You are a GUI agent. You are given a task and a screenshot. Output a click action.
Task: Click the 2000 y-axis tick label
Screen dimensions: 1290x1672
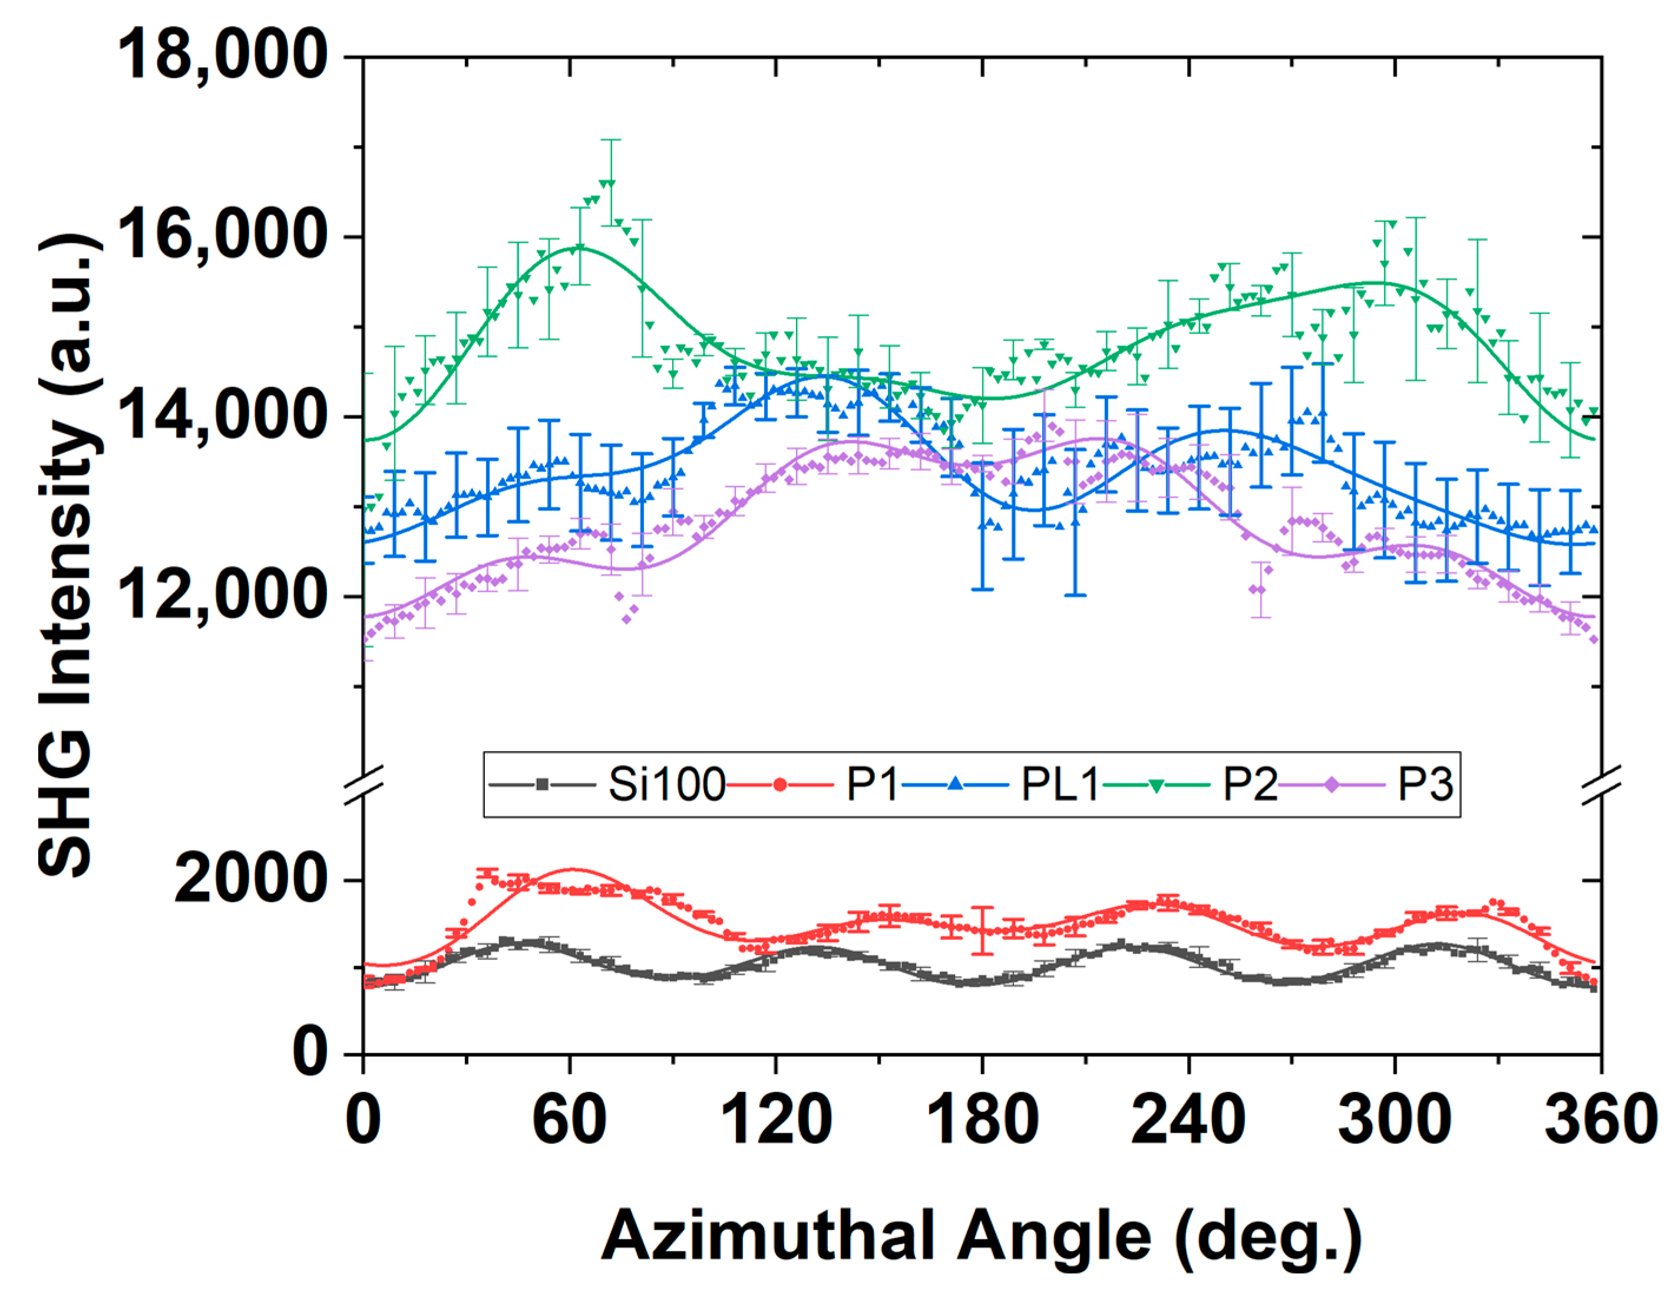coord(251,880)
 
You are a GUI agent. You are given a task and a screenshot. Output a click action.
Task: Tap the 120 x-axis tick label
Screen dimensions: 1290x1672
coord(775,1121)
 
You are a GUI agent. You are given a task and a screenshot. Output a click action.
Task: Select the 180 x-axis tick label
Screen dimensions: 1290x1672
coord(982,1121)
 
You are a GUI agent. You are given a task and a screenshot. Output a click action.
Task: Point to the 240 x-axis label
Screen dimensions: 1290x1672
coord(1188,1121)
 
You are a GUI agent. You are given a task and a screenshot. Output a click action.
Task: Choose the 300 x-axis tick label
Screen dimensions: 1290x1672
coord(1394,1121)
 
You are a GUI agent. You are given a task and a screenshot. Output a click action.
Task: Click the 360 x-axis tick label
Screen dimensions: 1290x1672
coord(1600,1121)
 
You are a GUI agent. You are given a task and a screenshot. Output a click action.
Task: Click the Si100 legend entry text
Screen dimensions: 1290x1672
coord(666,785)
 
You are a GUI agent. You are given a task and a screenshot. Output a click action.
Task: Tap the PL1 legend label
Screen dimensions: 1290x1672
coord(1060,785)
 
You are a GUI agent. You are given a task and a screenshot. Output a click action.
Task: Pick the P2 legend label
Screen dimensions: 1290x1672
coord(1250,785)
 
